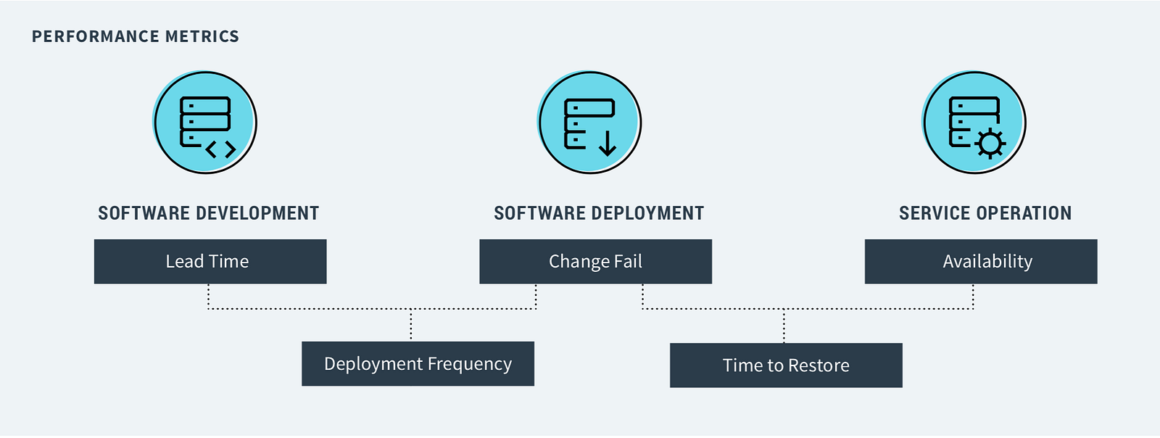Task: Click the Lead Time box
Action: (x=210, y=261)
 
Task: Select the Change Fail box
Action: (x=595, y=261)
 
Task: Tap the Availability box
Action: (x=980, y=261)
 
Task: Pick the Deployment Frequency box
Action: (x=418, y=363)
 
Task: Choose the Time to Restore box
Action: (x=786, y=365)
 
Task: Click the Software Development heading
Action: (x=209, y=213)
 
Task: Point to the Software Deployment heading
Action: (x=599, y=213)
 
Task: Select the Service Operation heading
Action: (x=985, y=213)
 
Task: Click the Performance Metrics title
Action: (x=136, y=36)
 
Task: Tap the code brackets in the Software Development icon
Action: (x=220, y=149)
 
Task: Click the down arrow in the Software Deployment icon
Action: (x=608, y=143)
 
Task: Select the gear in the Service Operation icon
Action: (x=990, y=143)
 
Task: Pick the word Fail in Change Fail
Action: (x=628, y=261)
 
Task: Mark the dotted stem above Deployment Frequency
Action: (x=411, y=325)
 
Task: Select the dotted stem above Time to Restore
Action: (x=784, y=326)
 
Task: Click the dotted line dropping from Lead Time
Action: (x=208, y=296)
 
